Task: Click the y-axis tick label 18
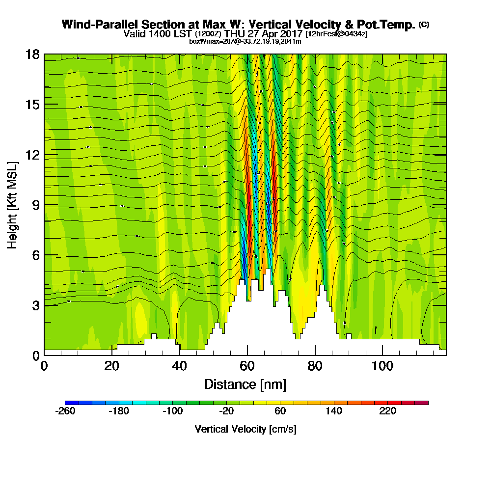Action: (32, 55)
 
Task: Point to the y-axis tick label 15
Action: (32, 105)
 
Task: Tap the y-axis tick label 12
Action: (32, 155)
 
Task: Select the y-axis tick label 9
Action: (35, 205)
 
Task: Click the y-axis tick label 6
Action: (35, 255)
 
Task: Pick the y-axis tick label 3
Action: (35, 305)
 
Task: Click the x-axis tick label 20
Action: (112, 367)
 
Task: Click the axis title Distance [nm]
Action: (245, 384)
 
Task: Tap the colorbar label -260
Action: (65, 411)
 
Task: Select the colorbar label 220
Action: (387, 411)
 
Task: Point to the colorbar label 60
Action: (280, 411)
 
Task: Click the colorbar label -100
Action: (172, 411)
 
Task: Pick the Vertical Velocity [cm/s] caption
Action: (245, 429)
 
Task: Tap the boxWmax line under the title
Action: (245, 41)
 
